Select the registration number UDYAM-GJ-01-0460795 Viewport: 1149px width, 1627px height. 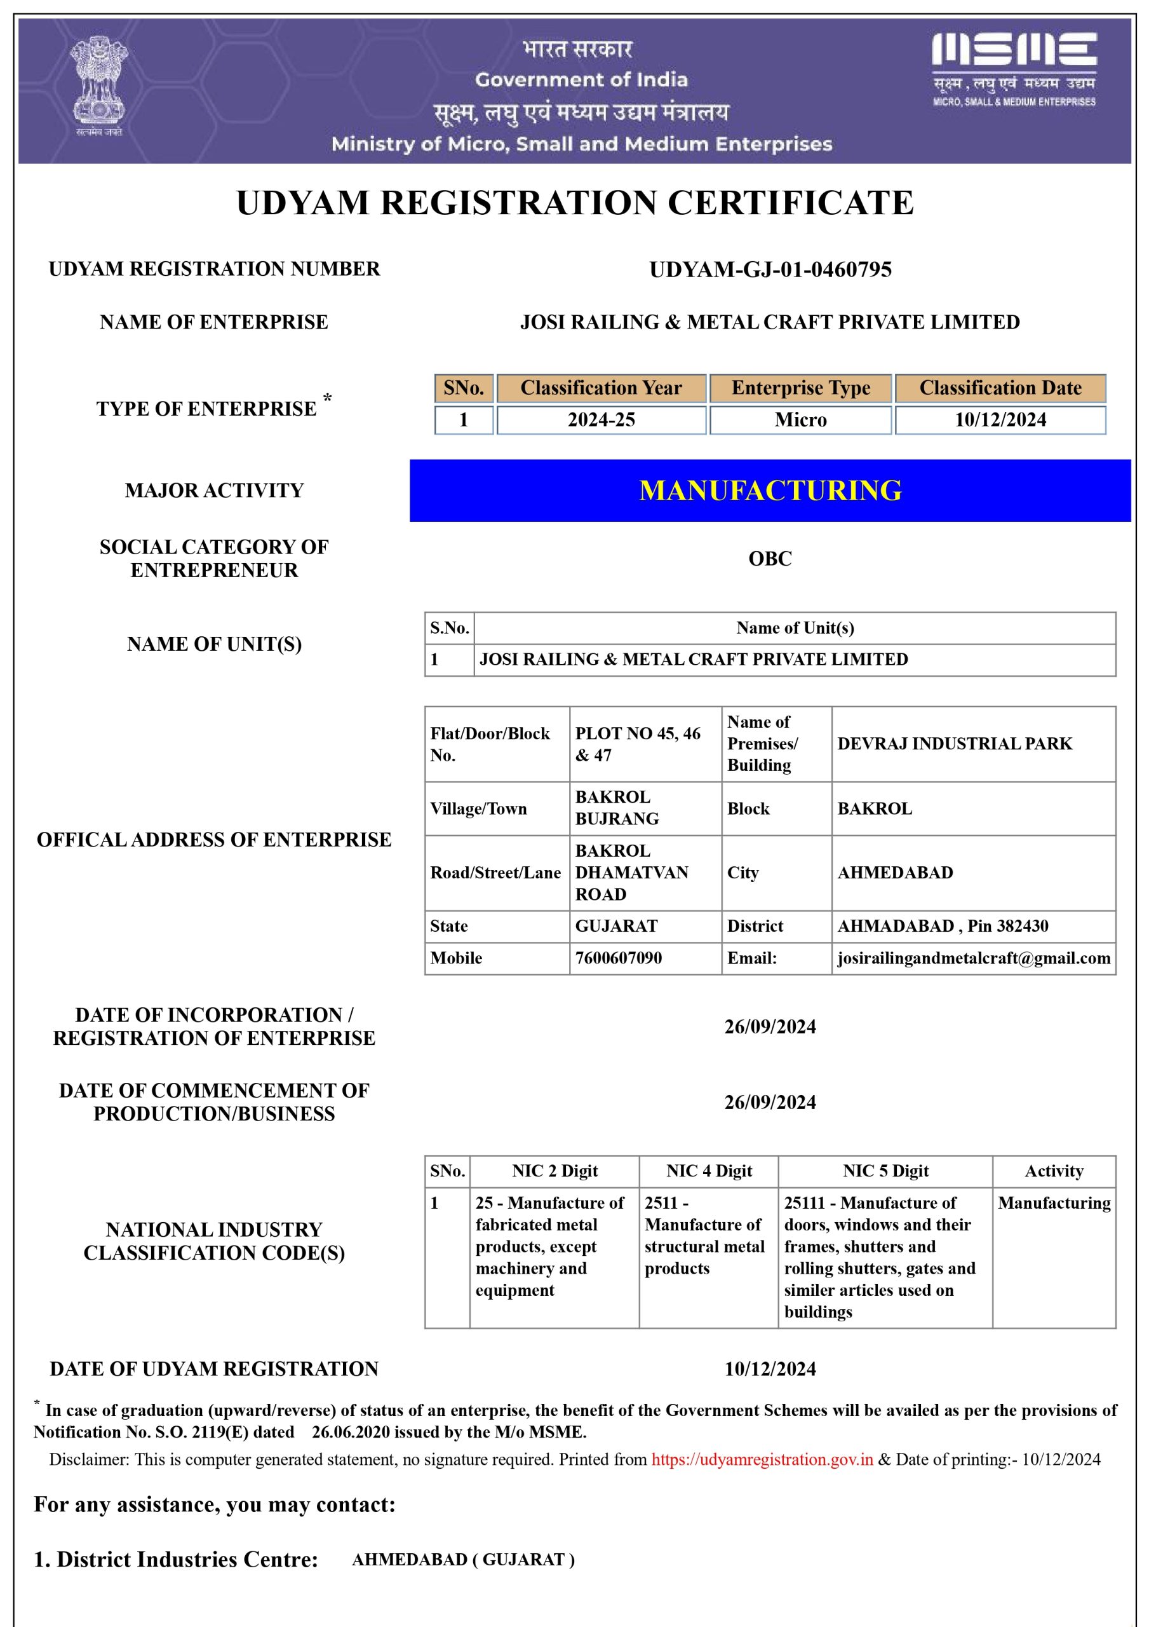(770, 269)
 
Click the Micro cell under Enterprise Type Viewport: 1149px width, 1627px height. (800, 419)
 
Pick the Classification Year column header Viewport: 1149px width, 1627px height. (601, 388)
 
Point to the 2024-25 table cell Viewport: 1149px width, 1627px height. (601, 419)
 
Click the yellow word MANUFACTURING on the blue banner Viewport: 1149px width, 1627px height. (770, 491)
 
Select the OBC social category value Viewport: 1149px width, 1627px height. (770, 559)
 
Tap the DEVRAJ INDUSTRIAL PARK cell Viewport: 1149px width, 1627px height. (954, 744)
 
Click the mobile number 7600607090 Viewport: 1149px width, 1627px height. (619, 958)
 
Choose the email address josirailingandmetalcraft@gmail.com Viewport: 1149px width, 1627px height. (973, 958)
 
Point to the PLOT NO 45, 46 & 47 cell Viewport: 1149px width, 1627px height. (638, 744)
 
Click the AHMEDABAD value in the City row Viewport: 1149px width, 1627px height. (895, 873)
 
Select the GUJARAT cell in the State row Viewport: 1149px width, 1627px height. (616, 926)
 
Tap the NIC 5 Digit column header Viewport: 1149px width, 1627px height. (885, 1171)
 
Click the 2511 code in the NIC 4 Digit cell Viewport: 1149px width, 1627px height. (661, 1202)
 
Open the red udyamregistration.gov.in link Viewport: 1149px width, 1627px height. (762, 1459)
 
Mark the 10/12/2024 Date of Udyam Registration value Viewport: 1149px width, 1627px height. (770, 1368)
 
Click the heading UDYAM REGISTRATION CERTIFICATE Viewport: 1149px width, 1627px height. (574, 203)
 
